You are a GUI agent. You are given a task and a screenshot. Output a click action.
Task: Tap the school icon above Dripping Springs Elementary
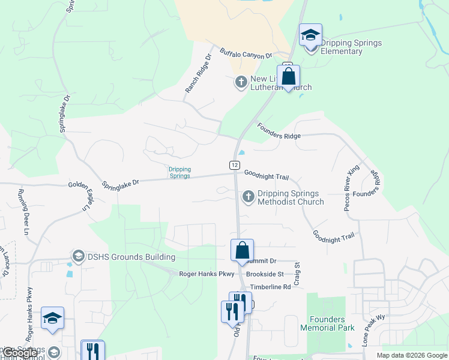point(310,35)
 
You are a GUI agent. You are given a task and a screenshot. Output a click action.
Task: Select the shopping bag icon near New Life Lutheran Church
point(289,77)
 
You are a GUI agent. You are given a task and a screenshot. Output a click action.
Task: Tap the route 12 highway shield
point(234,164)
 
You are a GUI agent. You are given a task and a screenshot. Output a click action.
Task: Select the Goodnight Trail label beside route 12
point(267,175)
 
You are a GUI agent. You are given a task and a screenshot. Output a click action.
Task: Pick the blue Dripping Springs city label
point(179,172)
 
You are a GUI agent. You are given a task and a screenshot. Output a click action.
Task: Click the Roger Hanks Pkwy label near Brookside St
point(207,274)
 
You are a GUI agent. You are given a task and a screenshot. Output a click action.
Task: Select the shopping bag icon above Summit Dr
point(243,250)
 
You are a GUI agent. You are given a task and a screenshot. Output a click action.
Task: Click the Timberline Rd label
point(270,287)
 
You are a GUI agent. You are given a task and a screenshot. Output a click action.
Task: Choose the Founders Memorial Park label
point(328,323)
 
